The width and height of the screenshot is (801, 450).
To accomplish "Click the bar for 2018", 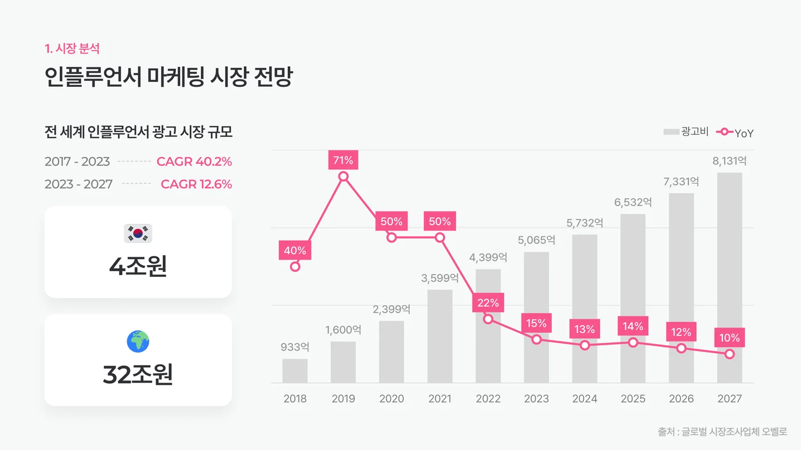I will point(295,371).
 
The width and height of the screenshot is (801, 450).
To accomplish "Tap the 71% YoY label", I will point(343,160).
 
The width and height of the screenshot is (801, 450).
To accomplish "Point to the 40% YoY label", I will point(295,251).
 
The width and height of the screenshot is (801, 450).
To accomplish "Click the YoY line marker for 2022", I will point(488,319).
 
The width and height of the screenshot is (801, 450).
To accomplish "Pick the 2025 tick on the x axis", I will point(633,399).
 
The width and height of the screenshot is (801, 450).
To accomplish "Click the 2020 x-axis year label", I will point(391,399).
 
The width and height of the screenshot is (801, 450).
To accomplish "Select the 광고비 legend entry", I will point(686,132).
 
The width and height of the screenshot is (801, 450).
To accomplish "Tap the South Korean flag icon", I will point(138,233).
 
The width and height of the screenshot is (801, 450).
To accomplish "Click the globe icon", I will point(138,341).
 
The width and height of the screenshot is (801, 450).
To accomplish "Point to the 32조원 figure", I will point(138,375).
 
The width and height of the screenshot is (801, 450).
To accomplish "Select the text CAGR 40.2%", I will point(194,162).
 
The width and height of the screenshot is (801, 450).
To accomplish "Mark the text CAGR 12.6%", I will point(196,184).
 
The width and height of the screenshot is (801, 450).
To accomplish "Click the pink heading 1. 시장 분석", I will point(72,48).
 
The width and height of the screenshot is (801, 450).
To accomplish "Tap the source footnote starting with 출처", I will point(722,432).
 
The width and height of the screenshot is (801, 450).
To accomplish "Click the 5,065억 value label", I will point(536,241).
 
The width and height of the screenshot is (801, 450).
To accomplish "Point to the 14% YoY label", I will point(633,326).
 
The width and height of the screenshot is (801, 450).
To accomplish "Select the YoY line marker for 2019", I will point(343,177).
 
